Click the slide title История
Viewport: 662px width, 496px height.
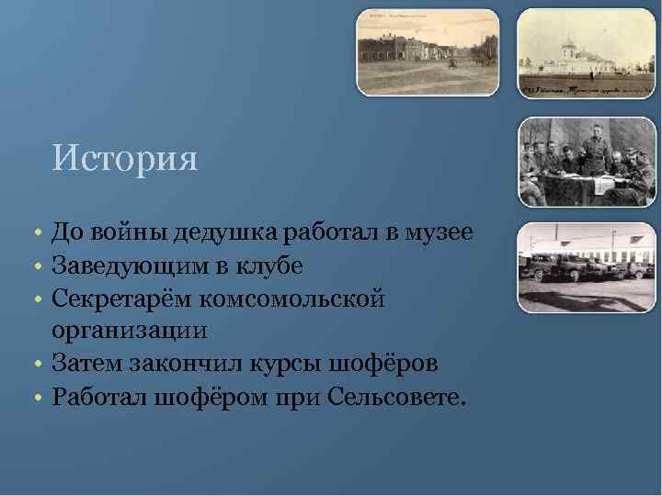[x=125, y=159]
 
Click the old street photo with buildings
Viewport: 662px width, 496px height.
[x=428, y=52]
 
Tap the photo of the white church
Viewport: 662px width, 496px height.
[x=586, y=52]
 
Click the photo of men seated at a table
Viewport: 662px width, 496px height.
[x=586, y=163]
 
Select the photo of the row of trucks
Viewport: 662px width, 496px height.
[x=586, y=267]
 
